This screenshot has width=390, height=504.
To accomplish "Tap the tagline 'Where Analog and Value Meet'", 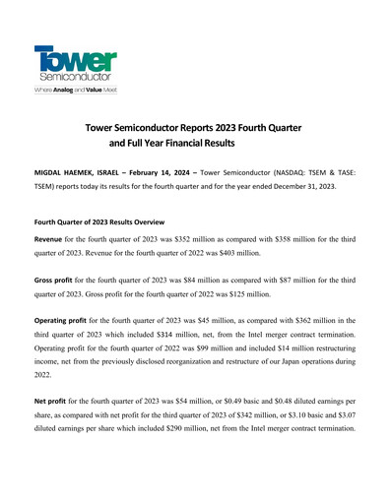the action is (77, 89).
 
